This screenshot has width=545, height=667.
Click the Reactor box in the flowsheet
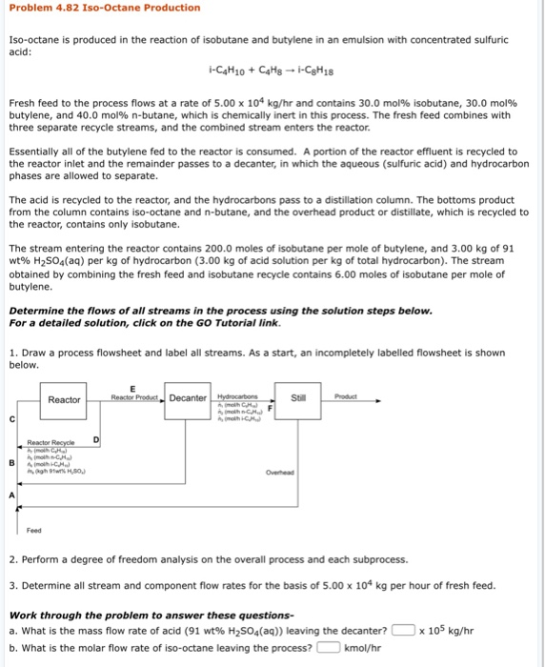[65, 399]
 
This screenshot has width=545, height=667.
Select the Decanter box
[188, 398]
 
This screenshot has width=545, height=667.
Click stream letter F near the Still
[271, 408]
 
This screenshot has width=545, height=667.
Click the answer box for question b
[328, 648]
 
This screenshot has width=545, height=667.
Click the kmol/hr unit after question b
[361, 648]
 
